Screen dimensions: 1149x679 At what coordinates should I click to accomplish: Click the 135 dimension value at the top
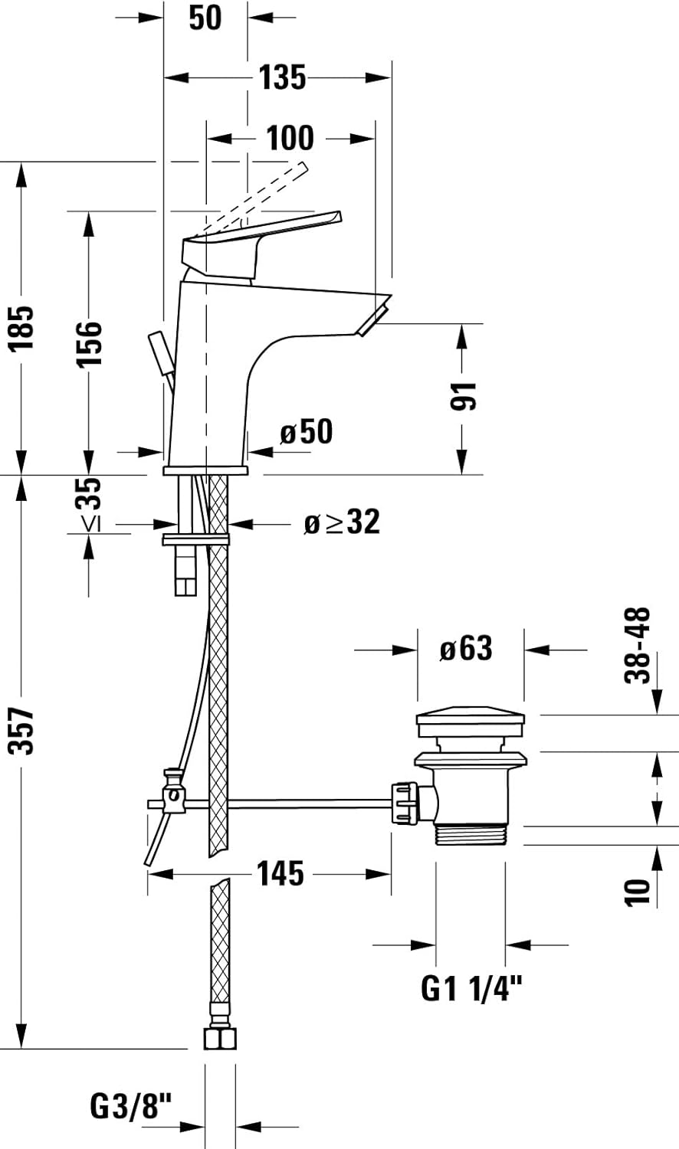pyautogui.click(x=282, y=77)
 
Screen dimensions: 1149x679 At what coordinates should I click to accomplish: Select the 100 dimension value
pyautogui.click(x=290, y=139)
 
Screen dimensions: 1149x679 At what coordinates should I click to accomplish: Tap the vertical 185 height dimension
pyautogui.click(x=23, y=328)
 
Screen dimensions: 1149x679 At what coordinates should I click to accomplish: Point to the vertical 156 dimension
pyautogui.click(x=90, y=344)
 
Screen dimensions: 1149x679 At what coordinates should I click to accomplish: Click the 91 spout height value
pyautogui.click(x=464, y=396)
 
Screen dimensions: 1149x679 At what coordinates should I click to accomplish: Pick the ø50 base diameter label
pyautogui.click(x=307, y=433)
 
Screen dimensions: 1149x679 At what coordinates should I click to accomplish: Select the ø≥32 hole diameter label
pyautogui.click(x=342, y=523)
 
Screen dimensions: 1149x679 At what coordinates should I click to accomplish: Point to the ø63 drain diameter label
pyautogui.click(x=466, y=649)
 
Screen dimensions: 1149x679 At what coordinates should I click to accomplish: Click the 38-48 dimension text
pyautogui.click(x=638, y=645)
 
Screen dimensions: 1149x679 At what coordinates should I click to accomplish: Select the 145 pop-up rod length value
pyautogui.click(x=280, y=873)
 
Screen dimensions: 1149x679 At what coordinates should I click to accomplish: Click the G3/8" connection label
pyautogui.click(x=132, y=1106)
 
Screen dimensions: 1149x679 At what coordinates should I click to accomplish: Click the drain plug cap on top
pyautogui.click(x=471, y=721)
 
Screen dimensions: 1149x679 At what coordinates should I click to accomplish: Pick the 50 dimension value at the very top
pyautogui.click(x=205, y=18)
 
